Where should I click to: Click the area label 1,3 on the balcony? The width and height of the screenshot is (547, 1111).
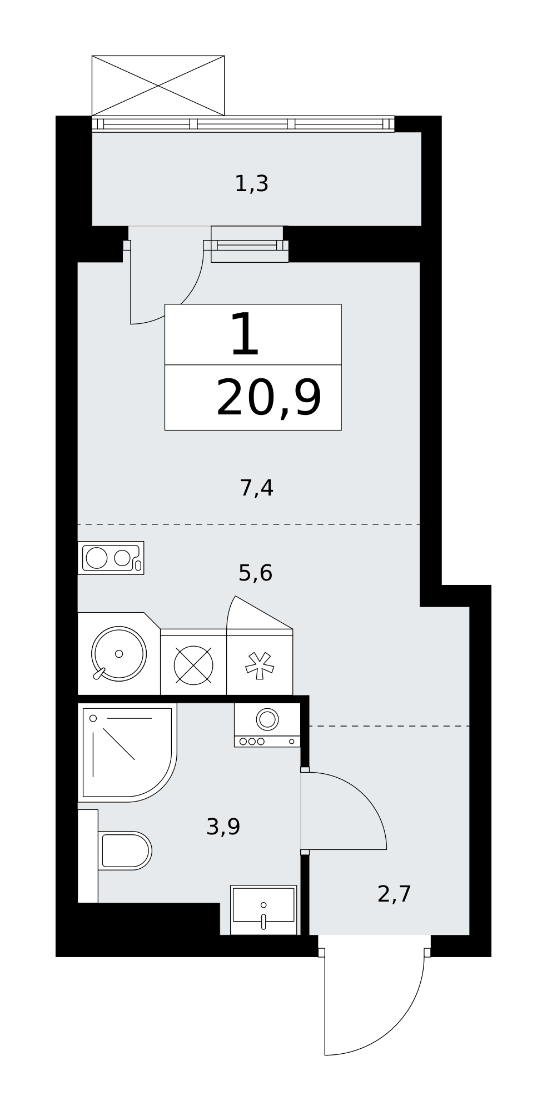click(x=251, y=184)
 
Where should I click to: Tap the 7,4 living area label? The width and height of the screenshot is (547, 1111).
click(x=256, y=488)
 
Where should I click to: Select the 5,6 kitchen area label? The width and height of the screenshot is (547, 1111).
click(x=255, y=573)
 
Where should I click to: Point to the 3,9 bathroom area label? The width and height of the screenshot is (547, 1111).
click(x=223, y=827)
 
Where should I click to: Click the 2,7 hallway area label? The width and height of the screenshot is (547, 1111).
click(x=394, y=894)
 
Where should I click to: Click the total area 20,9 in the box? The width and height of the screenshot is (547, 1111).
click(x=269, y=398)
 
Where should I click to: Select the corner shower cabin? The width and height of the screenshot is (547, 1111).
click(x=127, y=753)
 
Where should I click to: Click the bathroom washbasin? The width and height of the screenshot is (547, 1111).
click(x=263, y=910)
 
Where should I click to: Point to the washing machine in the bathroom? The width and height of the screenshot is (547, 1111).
click(x=267, y=725)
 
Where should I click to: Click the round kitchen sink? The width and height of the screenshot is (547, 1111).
click(x=119, y=654)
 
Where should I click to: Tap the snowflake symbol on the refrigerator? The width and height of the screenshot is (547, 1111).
click(x=260, y=665)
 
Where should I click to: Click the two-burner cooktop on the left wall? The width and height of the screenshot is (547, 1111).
click(x=111, y=558)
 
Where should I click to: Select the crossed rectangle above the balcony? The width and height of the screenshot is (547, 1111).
click(x=158, y=86)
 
